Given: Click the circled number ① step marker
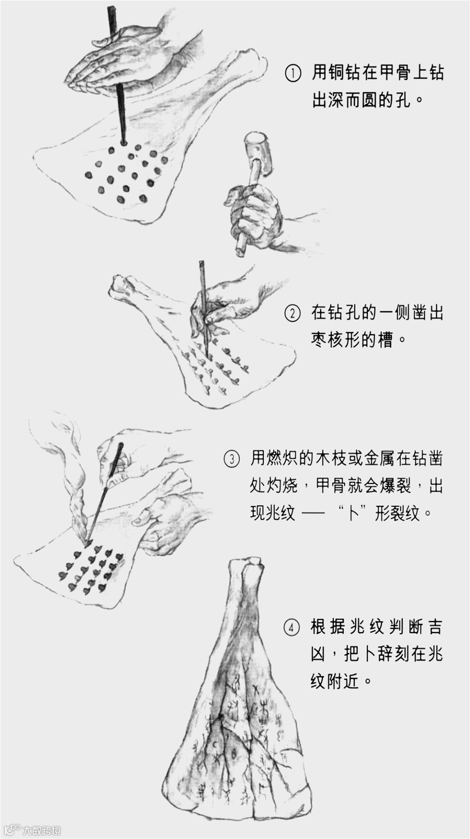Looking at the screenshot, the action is (x=293, y=73).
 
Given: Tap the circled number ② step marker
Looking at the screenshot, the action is (x=292, y=313).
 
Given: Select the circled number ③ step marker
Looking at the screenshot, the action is (x=232, y=458).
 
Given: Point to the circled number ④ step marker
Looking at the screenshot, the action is (x=292, y=628).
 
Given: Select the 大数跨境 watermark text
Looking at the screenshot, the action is (x=42, y=829).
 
